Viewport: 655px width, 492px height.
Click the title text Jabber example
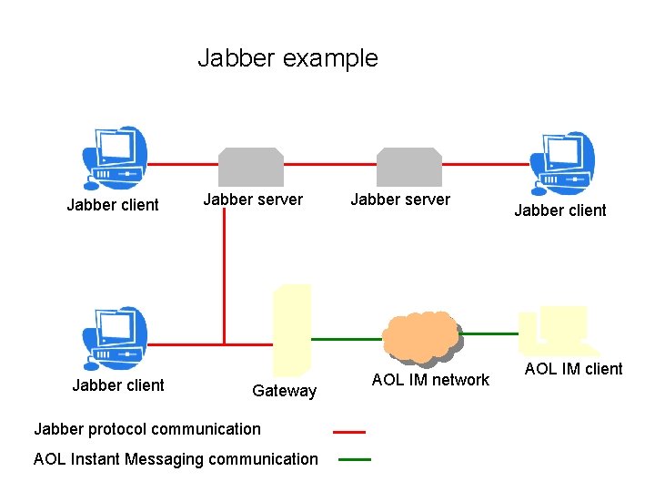pos(287,58)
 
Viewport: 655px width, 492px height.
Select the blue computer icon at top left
pos(114,159)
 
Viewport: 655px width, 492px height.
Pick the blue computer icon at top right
pos(564,162)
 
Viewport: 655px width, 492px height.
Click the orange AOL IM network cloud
pos(420,336)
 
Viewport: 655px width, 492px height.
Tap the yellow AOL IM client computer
pos(557,330)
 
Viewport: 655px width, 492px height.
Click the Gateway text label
pos(284,391)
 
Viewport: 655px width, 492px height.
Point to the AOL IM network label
pos(430,380)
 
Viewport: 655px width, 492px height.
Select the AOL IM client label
pos(573,369)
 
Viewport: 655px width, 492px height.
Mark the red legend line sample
pos(348,432)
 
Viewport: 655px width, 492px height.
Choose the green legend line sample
pos(354,460)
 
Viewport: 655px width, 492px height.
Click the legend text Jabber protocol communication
pos(146,429)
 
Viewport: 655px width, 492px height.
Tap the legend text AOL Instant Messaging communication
pos(176,459)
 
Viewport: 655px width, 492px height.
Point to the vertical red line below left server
pos(224,264)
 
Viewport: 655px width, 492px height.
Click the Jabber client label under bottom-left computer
pos(118,385)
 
